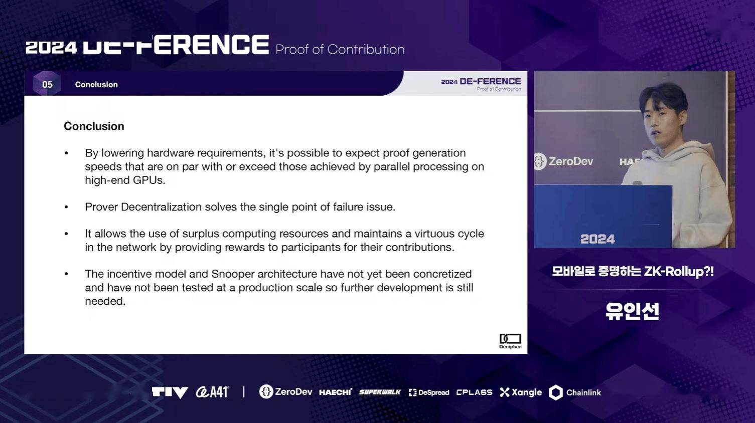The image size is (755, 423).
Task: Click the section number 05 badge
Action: (x=47, y=84)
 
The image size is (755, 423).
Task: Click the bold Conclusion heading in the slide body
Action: (x=94, y=126)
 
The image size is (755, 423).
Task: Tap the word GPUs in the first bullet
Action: (x=148, y=180)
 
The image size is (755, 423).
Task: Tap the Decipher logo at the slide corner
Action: (x=510, y=341)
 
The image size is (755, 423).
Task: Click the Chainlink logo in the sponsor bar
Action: (x=575, y=392)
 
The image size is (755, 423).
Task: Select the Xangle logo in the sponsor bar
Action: (x=521, y=392)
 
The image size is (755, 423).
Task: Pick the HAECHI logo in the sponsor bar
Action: (x=336, y=392)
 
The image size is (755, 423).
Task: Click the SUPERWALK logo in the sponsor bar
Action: (x=380, y=392)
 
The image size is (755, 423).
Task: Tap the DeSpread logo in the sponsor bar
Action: (x=429, y=392)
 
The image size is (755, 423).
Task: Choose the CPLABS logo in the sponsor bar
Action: (x=474, y=392)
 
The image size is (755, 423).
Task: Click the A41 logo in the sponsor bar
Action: (x=212, y=392)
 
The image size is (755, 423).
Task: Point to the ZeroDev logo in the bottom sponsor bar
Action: (x=285, y=392)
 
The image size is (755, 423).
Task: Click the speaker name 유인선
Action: (x=632, y=312)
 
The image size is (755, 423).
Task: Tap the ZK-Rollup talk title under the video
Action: (x=633, y=272)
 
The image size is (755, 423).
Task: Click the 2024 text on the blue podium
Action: (x=597, y=239)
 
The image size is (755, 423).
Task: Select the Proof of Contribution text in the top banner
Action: (x=340, y=50)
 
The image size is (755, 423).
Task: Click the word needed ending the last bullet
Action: (x=105, y=301)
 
